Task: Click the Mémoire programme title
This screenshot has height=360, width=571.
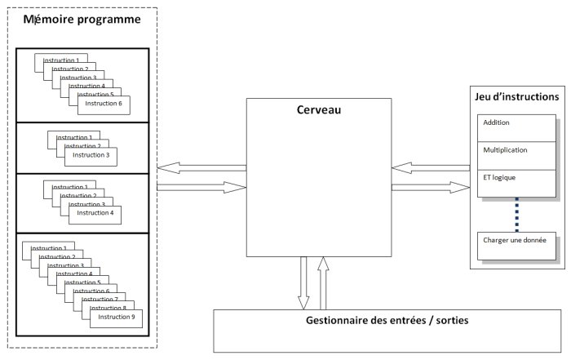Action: point(82,19)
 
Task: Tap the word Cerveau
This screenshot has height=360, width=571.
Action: point(319,110)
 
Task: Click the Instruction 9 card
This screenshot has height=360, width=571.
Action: point(113,317)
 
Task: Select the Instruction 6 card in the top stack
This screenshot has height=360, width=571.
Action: point(104,104)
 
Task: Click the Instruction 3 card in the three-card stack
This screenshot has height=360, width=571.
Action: point(91,155)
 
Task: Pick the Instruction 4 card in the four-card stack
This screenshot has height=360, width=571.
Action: point(95,214)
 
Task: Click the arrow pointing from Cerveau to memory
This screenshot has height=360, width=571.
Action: point(200,168)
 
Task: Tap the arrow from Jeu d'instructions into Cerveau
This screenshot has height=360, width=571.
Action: point(431,168)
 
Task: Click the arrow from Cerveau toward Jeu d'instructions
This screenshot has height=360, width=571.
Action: point(431,188)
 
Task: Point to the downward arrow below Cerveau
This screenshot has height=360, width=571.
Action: point(304,282)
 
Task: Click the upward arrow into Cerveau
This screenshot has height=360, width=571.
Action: point(324,282)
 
